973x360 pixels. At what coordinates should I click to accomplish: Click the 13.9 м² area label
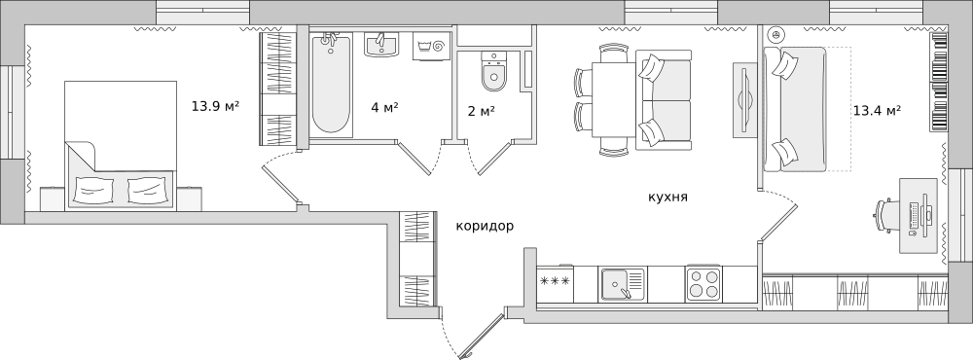[215, 106]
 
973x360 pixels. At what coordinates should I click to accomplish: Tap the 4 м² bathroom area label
[383, 107]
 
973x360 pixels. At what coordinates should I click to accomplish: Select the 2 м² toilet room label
[481, 111]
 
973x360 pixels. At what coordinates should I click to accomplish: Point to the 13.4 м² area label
[876, 110]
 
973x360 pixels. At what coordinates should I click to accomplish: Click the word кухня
[667, 197]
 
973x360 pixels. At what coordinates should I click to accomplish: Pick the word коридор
[485, 226]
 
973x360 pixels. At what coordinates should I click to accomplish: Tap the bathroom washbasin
[382, 45]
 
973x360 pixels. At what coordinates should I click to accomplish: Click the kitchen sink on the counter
[622, 284]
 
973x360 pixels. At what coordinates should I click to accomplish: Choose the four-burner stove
[703, 284]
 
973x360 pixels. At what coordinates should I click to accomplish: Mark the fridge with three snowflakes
[555, 283]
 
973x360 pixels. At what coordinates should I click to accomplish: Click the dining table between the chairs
[613, 99]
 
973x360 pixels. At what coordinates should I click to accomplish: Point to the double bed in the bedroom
[119, 146]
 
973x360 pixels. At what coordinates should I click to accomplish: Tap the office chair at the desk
[884, 214]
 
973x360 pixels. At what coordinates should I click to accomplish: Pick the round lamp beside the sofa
[775, 34]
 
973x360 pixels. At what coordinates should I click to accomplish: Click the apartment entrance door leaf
[482, 337]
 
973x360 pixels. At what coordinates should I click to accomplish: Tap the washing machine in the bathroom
[428, 45]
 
